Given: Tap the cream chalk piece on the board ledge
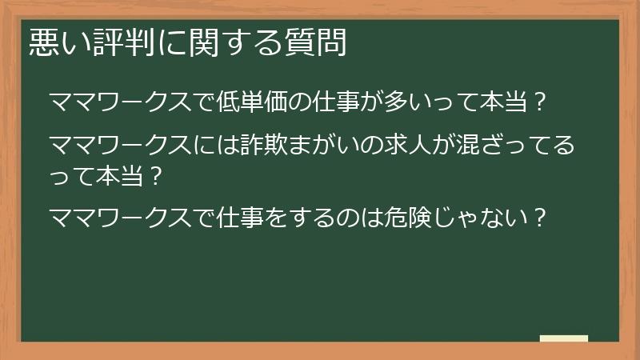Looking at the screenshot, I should [563, 338].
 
